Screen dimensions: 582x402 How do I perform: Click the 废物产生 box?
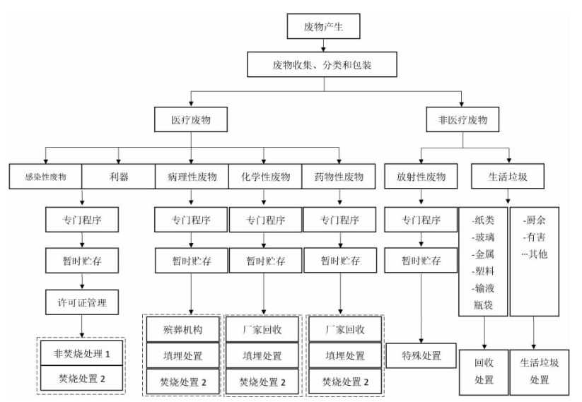(x=323, y=26)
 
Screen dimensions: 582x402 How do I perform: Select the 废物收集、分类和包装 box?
(x=322, y=64)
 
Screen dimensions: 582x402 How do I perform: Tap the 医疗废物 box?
(x=191, y=119)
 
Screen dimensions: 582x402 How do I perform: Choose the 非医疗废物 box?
(x=462, y=119)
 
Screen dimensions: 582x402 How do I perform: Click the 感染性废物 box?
(x=45, y=177)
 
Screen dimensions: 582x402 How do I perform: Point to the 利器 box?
(x=118, y=177)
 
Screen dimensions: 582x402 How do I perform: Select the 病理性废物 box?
(x=192, y=177)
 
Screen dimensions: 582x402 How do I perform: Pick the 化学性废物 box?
(x=265, y=177)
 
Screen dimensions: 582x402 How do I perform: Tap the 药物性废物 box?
(x=339, y=177)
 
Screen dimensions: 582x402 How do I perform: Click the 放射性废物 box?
(x=421, y=176)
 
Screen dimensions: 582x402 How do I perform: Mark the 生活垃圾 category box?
(x=508, y=176)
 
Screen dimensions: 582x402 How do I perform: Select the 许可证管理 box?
(x=82, y=302)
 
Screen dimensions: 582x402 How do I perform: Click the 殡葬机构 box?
(x=183, y=329)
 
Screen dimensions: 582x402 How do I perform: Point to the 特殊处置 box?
(x=421, y=355)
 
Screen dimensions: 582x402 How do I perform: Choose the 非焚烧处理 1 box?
(x=81, y=353)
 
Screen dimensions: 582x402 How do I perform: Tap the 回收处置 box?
(x=484, y=372)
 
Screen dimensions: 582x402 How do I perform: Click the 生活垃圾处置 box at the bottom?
(x=540, y=372)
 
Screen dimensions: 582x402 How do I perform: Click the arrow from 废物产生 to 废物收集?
(x=323, y=45)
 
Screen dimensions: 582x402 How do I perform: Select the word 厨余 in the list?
(x=535, y=220)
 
